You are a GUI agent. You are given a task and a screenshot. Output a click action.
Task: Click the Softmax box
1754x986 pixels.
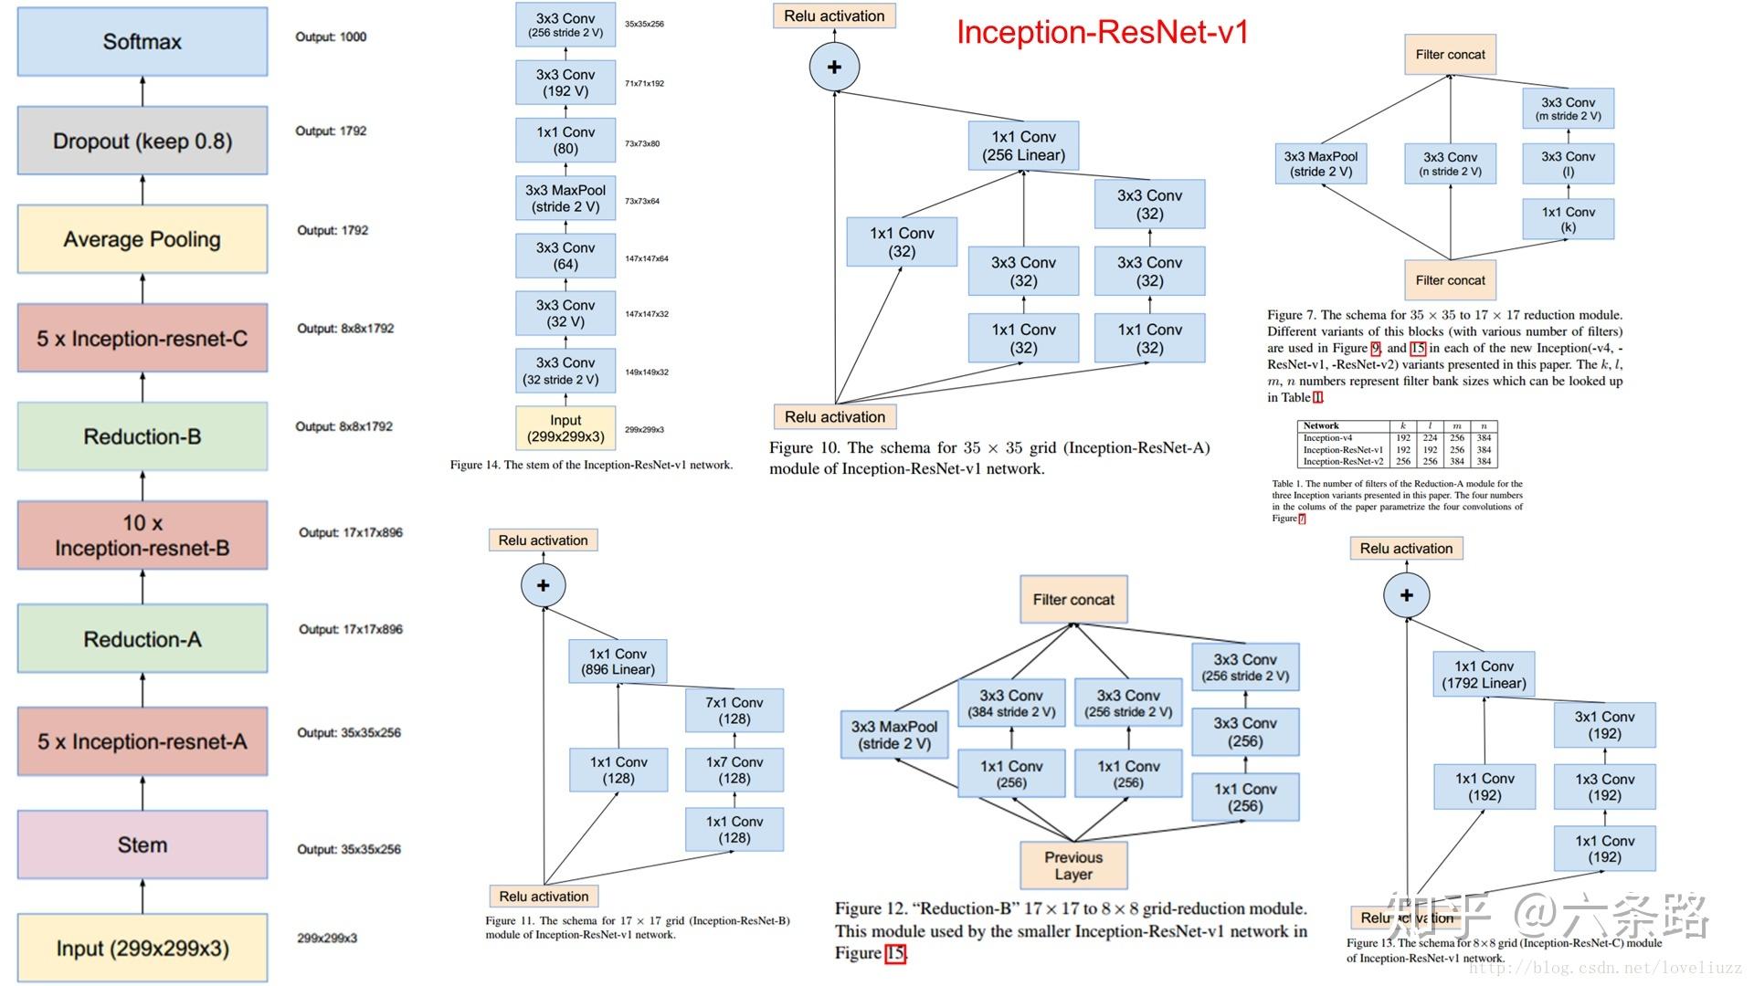[x=143, y=42]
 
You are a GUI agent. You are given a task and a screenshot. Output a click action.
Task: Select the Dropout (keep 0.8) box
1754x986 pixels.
[x=143, y=142]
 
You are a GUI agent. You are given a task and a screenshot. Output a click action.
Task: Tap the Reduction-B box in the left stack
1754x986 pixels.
[x=143, y=437]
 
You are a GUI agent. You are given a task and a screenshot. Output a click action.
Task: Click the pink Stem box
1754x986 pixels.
[x=143, y=845]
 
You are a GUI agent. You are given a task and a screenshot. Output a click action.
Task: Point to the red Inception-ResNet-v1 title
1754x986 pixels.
[x=1102, y=33]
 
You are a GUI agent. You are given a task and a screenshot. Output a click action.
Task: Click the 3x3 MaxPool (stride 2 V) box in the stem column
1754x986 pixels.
[x=565, y=198]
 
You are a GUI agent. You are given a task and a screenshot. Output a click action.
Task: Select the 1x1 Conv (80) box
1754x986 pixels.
[x=565, y=141]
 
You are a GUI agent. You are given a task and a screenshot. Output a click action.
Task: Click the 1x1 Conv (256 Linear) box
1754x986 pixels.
[x=1023, y=146]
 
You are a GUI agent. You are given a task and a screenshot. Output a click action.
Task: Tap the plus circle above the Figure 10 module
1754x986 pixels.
[x=834, y=67]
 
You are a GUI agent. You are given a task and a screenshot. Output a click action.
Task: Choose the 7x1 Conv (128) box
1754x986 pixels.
[x=734, y=711]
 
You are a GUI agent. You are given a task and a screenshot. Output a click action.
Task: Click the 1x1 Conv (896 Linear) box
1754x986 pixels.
[x=618, y=662]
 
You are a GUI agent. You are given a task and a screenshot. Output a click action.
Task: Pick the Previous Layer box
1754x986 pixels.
[x=1073, y=865]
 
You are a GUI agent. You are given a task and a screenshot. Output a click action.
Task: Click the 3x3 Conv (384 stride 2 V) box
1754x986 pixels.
[x=1011, y=704]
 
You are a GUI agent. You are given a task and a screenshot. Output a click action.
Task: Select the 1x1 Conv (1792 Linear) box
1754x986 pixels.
[x=1484, y=675]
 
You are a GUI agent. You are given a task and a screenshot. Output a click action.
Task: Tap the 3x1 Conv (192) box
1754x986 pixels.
[x=1604, y=726]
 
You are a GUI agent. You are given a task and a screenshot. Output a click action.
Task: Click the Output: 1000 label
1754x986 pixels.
[x=331, y=37]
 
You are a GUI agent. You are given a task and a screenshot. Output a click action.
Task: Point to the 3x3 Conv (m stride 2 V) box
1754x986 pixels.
[x=1569, y=109]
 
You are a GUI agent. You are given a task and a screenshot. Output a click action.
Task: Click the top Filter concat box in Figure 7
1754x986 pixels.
[x=1450, y=55]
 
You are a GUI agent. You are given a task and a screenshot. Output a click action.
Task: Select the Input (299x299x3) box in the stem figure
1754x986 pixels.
[x=565, y=429]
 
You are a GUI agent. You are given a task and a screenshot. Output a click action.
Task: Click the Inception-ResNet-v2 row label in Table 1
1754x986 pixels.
[x=1343, y=462]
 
